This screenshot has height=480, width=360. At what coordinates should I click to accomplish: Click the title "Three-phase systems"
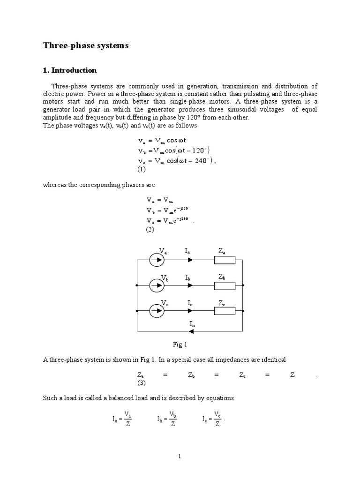click(86, 45)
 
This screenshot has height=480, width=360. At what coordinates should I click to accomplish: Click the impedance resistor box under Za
click(225, 260)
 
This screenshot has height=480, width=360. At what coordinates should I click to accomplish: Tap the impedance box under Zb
click(225, 285)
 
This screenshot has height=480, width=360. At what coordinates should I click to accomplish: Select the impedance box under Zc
click(225, 310)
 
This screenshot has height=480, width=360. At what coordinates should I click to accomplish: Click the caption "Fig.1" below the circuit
click(180, 345)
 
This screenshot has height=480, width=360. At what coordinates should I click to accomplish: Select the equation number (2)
click(149, 230)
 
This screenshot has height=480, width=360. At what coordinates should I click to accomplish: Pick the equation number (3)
click(142, 383)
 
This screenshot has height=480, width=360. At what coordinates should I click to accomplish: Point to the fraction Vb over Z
click(173, 420)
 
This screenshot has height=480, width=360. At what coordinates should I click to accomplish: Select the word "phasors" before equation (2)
click(144, 185)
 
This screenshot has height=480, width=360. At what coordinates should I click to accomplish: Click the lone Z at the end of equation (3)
click(292, 375)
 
